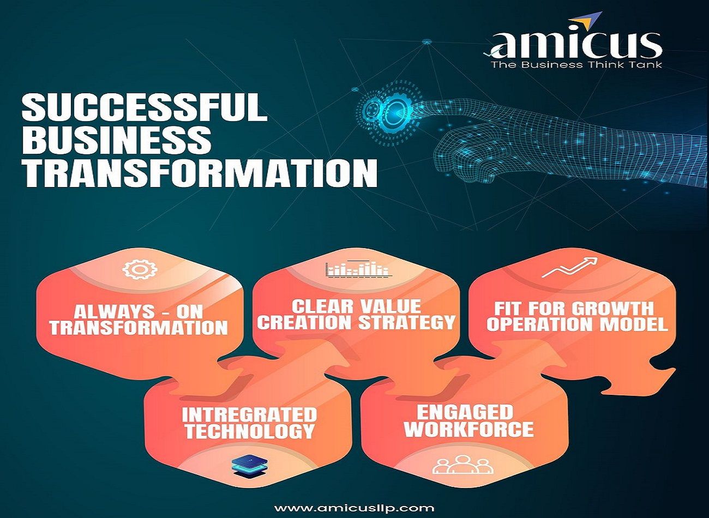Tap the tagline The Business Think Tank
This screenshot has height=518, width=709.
coord(576,65)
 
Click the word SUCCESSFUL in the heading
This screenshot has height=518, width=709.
coord(144,107)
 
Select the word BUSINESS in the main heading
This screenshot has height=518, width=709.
coord(117,140)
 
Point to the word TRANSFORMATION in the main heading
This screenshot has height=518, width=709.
coord(200,173)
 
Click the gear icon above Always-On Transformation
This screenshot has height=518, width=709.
coord(140,269)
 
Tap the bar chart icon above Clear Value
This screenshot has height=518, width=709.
coord(357,269)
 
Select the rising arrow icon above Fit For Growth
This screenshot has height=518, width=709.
coord(569,267)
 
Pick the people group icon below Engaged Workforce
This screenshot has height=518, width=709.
coord(462,465)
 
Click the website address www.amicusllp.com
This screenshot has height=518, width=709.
coord(354,508)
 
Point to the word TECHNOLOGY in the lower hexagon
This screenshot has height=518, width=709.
coord(250,431)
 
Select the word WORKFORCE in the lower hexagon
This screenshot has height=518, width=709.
coord(468,429)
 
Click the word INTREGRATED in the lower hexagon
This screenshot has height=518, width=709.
coord(249,415)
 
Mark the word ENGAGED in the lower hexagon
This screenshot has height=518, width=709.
coord(465,412)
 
